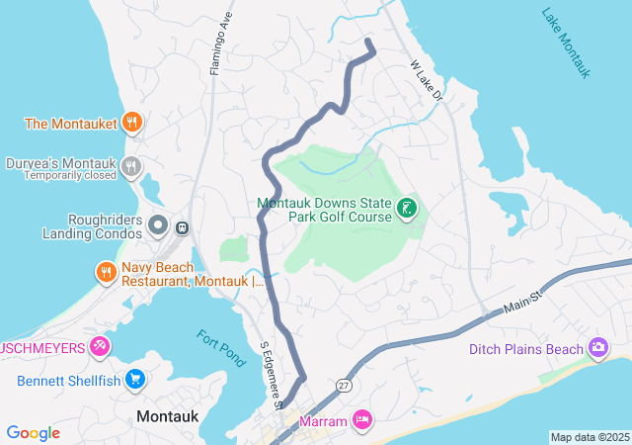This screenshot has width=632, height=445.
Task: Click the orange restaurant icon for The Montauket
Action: (132, 124)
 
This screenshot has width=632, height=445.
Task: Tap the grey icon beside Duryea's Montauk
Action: (132, 167)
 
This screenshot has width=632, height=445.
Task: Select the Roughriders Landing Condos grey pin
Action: (158, 226)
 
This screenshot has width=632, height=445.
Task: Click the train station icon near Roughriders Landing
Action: (182, 226)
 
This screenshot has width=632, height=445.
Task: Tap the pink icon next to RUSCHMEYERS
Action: (100, 346)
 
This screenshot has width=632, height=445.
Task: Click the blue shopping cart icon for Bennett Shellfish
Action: (135, 380)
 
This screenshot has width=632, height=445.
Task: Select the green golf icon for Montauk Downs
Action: (406, 208)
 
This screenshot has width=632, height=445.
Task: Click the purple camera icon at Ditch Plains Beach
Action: (597, 348)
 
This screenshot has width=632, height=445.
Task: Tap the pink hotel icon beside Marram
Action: (362, 420)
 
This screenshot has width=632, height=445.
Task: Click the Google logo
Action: (33, 433)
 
